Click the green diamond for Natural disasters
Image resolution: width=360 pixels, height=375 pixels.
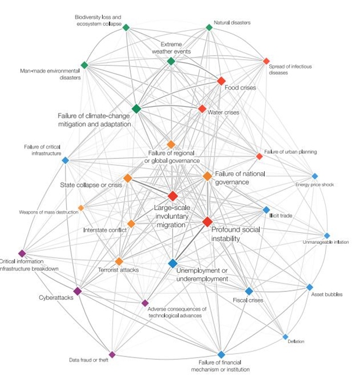(x=209, y=27)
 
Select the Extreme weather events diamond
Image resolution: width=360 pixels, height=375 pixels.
(x=171, y=61)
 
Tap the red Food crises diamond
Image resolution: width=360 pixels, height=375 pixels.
(x=221, y=81)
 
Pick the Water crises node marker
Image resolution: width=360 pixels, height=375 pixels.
(x=202, y=109)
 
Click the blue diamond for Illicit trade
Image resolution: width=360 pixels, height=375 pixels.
(x=266, y=210)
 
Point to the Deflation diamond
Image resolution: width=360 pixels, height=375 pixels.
(x=285, y=337)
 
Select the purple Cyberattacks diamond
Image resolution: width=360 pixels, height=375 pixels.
(x=77, y=291)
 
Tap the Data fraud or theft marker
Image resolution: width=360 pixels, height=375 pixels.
(x=112, y=354)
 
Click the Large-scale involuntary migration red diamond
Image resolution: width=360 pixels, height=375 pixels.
(x=172, y=196)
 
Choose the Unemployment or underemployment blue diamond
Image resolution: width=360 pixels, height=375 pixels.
(x=172, y=264)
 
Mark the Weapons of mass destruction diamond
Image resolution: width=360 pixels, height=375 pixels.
(x=81, y=208)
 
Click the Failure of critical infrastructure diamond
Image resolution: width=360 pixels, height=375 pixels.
(x=65, y=160)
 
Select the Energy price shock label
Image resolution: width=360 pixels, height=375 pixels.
(x=314, y=185)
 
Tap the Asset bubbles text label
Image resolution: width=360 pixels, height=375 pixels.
(x=326, y=294)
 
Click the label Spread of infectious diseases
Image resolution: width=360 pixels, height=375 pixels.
(x=290, y=70)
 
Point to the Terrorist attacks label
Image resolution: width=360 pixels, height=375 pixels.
(x=118, y=270)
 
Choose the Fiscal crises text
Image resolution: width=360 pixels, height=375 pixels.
(x=248, y=300)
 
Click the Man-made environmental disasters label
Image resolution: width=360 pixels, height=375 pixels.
(x=50, y=74)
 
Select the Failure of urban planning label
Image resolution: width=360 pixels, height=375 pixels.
(x=290, y=152)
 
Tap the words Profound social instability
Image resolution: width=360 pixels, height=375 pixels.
(x=235, y=234)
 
